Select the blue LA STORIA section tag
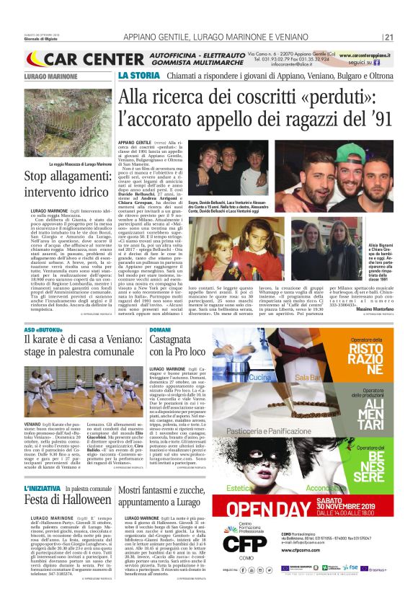(135, 75)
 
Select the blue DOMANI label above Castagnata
(160, 329)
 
